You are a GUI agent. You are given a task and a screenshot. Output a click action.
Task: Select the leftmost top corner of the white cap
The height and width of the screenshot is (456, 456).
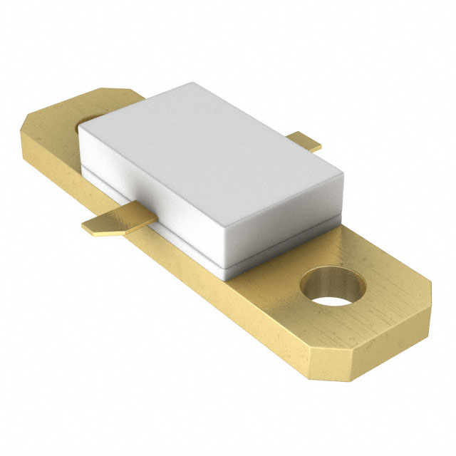[78, 128]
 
